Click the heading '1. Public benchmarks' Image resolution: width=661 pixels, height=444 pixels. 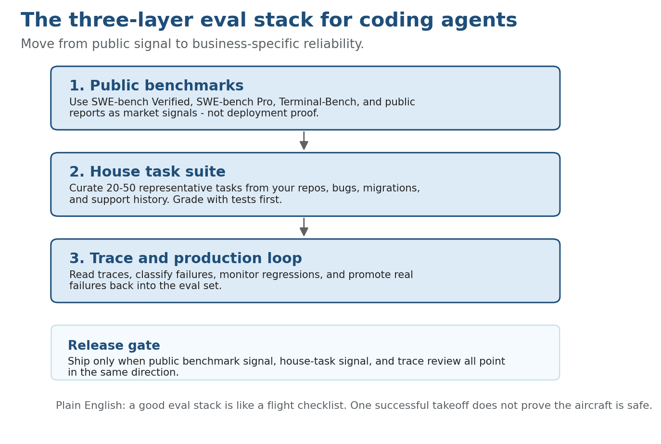click(156, 86)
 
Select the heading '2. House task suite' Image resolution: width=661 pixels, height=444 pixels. click(147, 172)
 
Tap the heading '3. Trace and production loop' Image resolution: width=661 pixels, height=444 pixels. click(185, 259)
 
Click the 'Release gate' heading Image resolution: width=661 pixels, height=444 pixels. click(114, 346)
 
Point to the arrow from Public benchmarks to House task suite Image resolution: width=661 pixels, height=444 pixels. click(304, 141)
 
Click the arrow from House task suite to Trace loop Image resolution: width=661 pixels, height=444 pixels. click(304, 228)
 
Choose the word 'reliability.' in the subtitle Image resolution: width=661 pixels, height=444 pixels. click(336, 45)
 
